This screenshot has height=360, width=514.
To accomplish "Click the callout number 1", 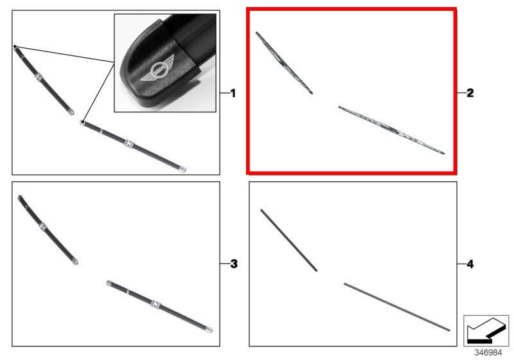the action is pos(233,93).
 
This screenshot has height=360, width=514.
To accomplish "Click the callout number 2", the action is pos(470,93).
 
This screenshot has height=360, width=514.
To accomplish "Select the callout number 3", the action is pos(234,264).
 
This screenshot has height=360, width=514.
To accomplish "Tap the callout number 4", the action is pos(470,264).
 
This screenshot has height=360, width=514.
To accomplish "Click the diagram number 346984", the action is pos(488,352).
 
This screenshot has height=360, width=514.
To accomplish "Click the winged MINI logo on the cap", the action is pos(157,69).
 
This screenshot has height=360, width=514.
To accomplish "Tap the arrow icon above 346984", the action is pos(486,330).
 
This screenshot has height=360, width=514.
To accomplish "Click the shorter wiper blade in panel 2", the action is pos(284,63).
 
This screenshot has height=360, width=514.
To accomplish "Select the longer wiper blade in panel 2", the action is pos(391,130).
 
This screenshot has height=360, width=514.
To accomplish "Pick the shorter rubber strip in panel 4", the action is pos(288,240).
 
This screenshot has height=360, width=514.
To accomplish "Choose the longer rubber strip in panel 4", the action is pos(396,307).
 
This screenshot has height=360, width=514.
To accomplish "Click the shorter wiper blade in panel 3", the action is pos(48,230).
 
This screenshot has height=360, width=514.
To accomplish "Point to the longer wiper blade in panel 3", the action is pos(159,307).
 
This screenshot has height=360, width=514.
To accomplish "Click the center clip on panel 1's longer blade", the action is pos(129,143).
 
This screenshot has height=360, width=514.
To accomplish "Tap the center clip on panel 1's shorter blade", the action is pos(39,77).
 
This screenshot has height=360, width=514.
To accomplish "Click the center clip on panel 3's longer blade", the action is pos(155,304).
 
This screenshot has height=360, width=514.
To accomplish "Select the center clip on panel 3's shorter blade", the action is pos(43,226).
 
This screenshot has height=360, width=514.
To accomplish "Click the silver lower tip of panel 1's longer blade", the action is pos(182,169).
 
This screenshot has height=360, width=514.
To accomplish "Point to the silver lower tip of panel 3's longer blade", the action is pos(209,330).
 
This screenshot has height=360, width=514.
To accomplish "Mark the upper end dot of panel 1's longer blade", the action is pos(82,123).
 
